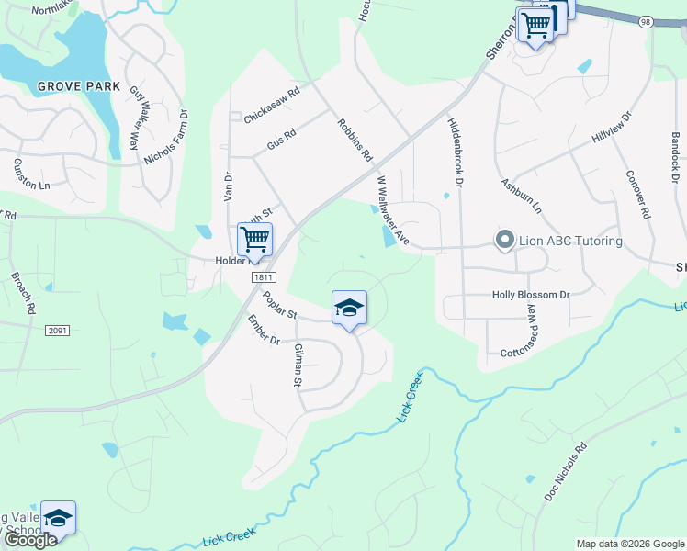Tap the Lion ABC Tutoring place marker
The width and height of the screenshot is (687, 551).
pyautogui.click(x=504, y=241)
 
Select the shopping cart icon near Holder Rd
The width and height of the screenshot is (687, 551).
pyautogui.click(x=254, y=240)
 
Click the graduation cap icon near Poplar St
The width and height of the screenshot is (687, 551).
pyautogui.click(x=349, y=308)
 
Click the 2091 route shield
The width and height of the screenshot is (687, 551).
pyautogui.click(x=57, y=330)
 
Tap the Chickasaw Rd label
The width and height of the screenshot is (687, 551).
pyautogui.click(x=272, y=94)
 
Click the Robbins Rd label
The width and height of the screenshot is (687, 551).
pyautogui.click(x=354, y=139)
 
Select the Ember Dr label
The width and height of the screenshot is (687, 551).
pyautogui.click(x=263, y=330)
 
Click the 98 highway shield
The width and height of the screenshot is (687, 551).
pyautogui.click(x=647, y=20)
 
